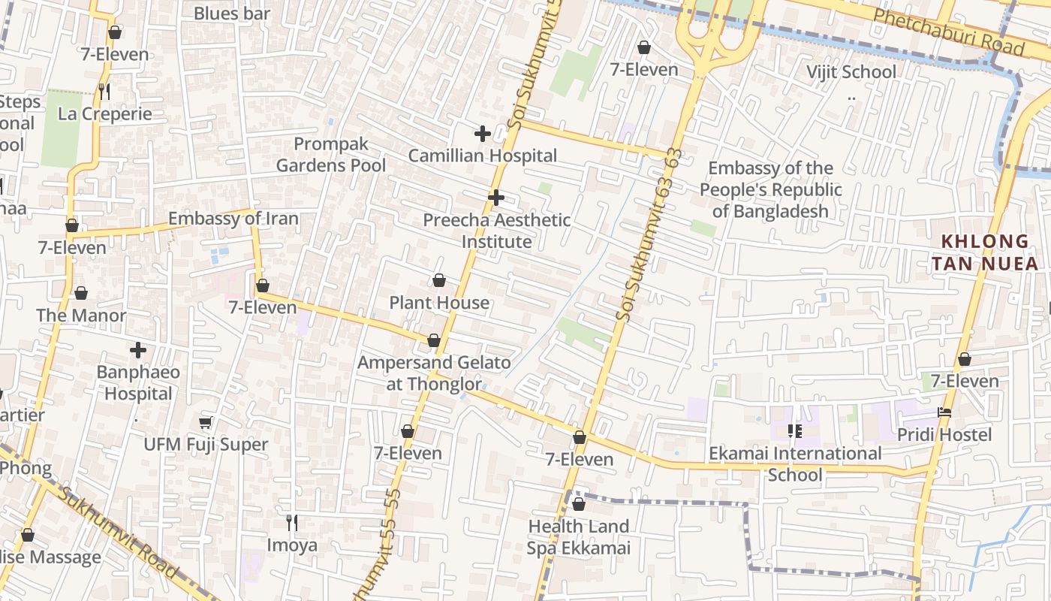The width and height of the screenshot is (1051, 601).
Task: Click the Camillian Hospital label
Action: pos(482,156)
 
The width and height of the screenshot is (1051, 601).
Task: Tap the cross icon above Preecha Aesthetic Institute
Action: pos(495,198)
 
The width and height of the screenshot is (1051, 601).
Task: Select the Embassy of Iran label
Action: pos(233,219)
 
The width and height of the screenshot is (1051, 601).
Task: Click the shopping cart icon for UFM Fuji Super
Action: pos(206,423)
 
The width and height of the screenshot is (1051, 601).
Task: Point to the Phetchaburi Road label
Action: pos(949,32)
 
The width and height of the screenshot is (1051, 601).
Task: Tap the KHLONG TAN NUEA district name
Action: pos(989,252)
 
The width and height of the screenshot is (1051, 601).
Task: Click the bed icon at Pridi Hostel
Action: pos(944,412)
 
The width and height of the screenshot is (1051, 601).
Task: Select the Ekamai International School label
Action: pos(795,464)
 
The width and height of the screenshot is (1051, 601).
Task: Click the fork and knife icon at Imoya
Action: pos(292,522)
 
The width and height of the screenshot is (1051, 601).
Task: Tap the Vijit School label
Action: pos(851,72)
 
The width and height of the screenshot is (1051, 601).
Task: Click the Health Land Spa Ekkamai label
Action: pos(578,537)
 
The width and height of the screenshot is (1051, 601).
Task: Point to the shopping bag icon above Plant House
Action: pos(439,281)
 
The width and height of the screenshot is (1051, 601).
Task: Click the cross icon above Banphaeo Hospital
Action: pos(138,350)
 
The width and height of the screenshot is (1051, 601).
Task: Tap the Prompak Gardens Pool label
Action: pos(331,154)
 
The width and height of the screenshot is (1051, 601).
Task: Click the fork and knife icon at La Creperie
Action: pos(104,92)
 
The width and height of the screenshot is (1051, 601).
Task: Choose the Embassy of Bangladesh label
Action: pos(770,189)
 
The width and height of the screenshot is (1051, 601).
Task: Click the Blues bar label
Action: pos(231,14)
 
